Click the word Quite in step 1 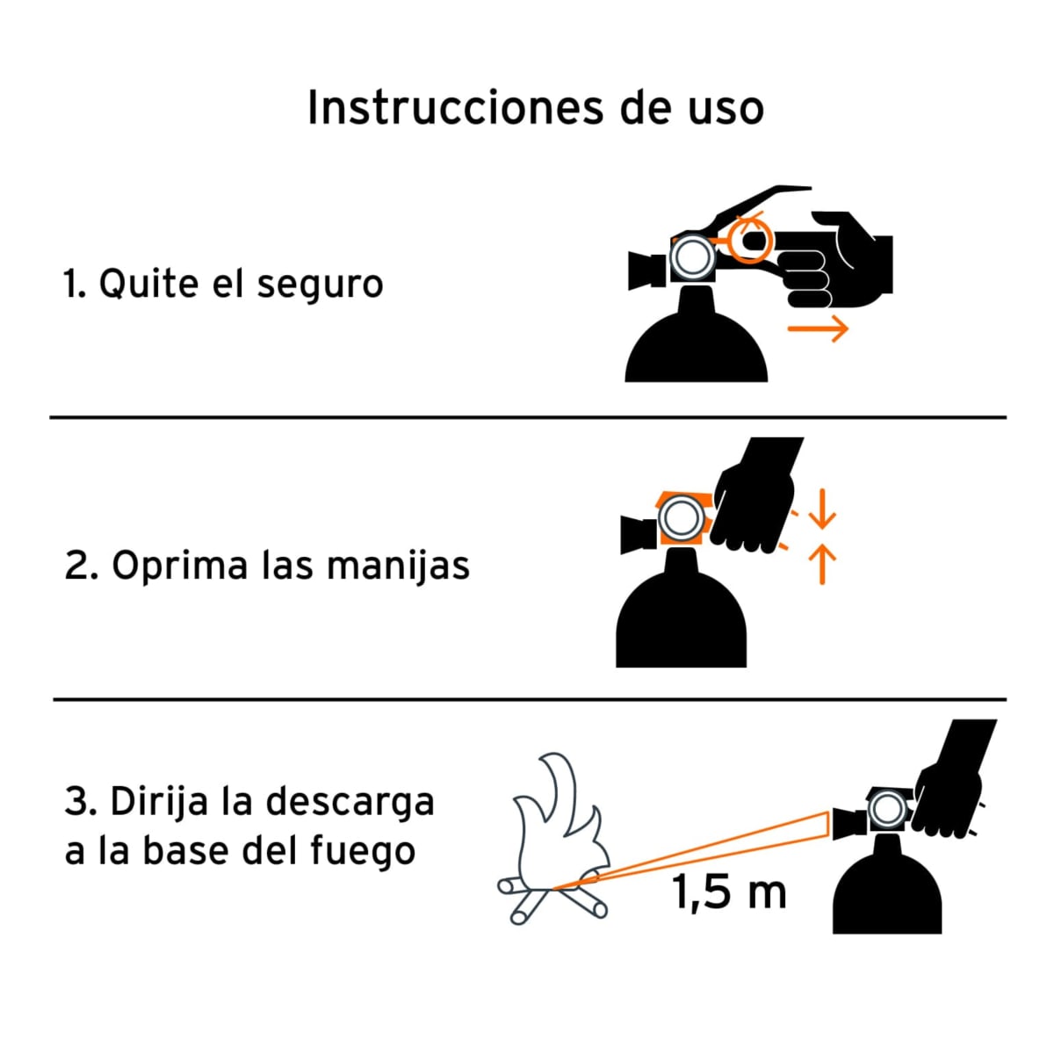pos(148,285)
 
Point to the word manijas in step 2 pos(398,567)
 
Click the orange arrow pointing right pos(818,328)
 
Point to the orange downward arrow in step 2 pos(821,509)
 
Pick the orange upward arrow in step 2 pos(821,565)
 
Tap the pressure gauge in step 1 pos(693,257)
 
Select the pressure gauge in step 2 pos(682,518)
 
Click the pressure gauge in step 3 pos(886,810)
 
